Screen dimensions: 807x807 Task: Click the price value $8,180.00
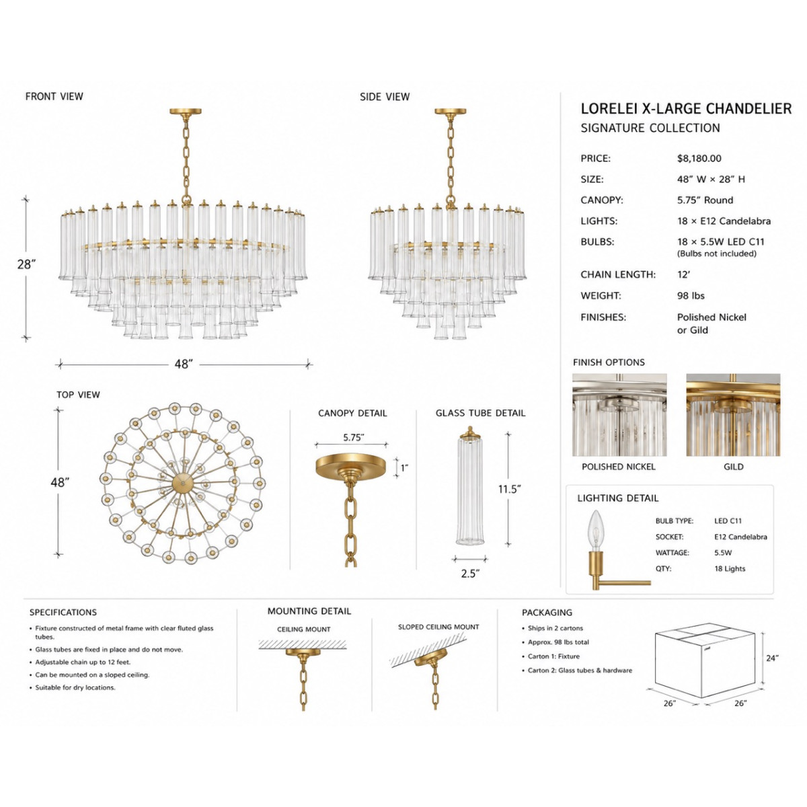[x=699, y=159]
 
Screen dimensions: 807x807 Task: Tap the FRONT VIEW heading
[x=54, y=97]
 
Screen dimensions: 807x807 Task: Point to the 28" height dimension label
[x=26, y=264]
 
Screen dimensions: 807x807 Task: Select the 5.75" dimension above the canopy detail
[x=354, y=438]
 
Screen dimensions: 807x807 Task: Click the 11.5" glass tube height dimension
[x=509, y=489]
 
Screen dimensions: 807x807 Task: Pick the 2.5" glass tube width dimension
[x=470, y=574]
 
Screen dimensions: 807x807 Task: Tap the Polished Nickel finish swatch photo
[x=619, y=415]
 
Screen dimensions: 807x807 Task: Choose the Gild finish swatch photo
[x=733, y=415]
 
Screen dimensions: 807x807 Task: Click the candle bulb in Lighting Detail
[x=596, y=530]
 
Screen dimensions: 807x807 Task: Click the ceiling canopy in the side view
[x=450, y=112]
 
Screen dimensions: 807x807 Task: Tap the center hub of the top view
[x=183, y=484]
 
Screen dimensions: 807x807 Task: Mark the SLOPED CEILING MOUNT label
[x=438, y=627]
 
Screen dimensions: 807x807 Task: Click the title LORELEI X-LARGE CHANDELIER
[x=686, y=109]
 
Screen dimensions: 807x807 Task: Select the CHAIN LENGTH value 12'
[x=683, y=275]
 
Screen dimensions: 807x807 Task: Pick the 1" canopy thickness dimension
[x=404, y=468]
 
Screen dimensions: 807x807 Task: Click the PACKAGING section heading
[x=547, y=613]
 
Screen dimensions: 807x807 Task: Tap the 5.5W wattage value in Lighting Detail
[x=723, y=553]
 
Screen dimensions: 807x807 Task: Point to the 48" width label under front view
[x=184, y=364]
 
